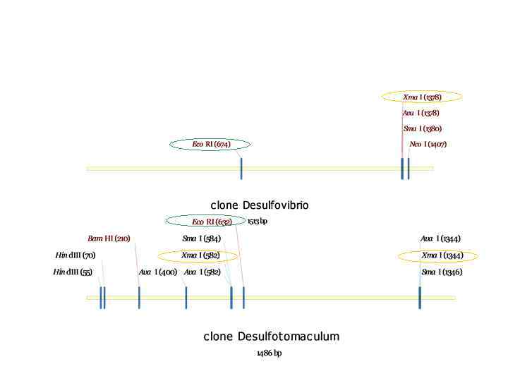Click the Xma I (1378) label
tap(422, 97)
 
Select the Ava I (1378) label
tap(421, 113)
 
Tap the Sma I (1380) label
tap(423, 129)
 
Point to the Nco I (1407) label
tap(428, 145)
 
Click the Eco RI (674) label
tap(211, 145)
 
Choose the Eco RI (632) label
tap(211, 222)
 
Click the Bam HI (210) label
tap(109, 238)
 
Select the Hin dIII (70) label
tap(75, 255)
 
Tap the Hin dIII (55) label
tap(73, 272)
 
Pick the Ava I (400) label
tap(158, 272)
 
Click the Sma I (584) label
tap(201, 238)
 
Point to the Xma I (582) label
tap(200, 255)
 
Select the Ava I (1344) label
tap(440, 238)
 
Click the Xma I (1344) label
tap(442, 255)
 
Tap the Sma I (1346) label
tap(442, 272)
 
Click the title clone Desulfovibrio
tap(260, 205)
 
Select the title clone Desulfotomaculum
tap(272, 337)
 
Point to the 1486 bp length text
tap(269, 353)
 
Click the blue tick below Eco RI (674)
tap(241, 169)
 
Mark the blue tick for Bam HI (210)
tap(139, 298)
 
